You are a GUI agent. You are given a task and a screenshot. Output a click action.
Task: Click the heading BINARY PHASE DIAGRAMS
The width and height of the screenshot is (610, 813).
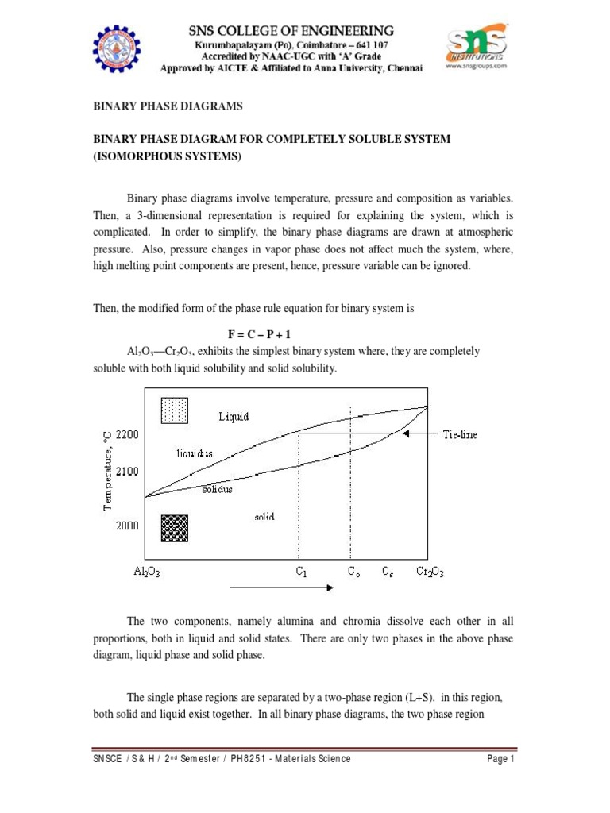[x=168, y=106]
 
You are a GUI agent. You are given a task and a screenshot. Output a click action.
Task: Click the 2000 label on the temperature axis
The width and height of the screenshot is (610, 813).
[x=127, y=526]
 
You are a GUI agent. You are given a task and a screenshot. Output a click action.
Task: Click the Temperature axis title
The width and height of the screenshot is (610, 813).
[x=106, y=468]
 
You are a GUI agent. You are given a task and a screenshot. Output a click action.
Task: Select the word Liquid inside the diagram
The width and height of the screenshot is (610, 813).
[x=234, y=416]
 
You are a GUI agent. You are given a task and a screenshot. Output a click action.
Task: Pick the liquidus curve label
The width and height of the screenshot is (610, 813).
[x=195, y=453]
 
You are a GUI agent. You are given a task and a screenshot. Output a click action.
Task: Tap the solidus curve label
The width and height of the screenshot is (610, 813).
[x=216, y=490]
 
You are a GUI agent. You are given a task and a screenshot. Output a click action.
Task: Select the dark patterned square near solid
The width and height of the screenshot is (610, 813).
[x=174, y=528]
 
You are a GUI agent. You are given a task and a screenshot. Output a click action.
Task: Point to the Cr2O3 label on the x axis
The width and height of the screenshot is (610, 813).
[x=430, y=571]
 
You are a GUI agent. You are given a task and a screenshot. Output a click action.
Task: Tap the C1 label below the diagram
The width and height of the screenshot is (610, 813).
[x=299, y=571]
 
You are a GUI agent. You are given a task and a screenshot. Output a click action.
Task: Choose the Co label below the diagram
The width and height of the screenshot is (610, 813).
[x=353, y=571]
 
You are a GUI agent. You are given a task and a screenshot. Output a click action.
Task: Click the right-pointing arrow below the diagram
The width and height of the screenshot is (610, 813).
[x=281, y=588]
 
